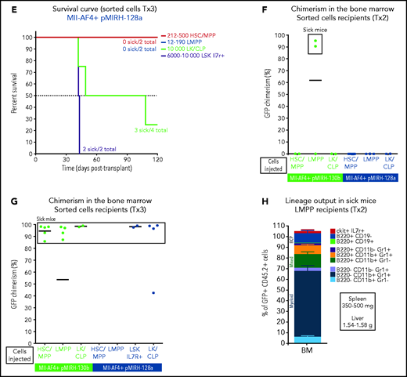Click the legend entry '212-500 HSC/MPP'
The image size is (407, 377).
[x=189, y=37]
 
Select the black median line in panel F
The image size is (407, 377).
[x=315, y=80]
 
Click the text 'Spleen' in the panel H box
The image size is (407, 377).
[x=366, y=300]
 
